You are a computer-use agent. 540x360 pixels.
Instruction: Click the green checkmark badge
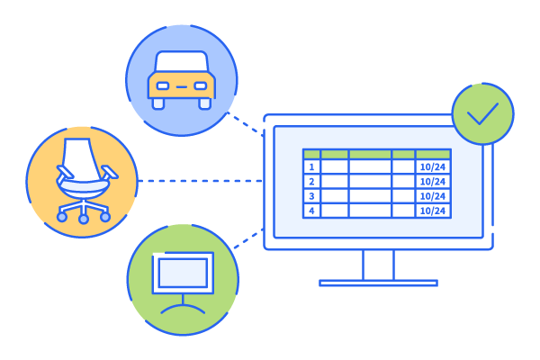coord(482,113)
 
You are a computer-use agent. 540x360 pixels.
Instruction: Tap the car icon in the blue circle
coord(182,80)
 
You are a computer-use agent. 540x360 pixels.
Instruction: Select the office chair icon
coord(83,180)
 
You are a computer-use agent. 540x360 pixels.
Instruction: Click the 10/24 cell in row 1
coord(433,166)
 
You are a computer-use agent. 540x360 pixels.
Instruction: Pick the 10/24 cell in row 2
coord(433,181)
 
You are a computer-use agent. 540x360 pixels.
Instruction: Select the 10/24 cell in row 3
coord(433,196)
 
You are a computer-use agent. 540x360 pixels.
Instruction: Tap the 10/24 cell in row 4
coord(433,211)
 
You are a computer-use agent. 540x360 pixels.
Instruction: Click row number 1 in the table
coord(311,166)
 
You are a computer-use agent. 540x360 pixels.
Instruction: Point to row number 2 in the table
coord(311,181)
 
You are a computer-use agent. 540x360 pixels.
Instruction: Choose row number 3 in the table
coord(311,196)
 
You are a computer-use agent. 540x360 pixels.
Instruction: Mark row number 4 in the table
coord(311,211)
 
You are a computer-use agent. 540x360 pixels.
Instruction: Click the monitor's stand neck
coord(378,265)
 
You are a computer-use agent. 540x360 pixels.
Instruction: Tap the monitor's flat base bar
coord(378,283)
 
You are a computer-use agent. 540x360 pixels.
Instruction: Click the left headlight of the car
coord(163,86)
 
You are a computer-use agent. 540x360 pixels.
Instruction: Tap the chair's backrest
coord(79,157)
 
